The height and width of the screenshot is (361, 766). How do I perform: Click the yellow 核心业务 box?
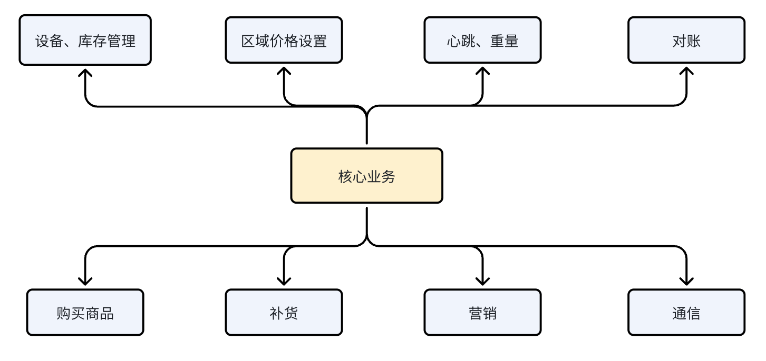366,176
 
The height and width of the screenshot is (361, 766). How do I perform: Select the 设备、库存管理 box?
85,41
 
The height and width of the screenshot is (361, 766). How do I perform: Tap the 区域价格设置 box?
284,41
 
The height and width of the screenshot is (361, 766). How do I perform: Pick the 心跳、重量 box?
482,41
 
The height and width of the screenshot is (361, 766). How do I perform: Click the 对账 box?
686,41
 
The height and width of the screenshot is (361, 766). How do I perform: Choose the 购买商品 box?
85,313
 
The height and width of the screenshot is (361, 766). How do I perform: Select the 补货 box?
284,313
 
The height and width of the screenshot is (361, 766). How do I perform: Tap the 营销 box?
482,313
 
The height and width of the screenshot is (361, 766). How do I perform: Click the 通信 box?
686,313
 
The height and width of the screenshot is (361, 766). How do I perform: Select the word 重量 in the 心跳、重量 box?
504,41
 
